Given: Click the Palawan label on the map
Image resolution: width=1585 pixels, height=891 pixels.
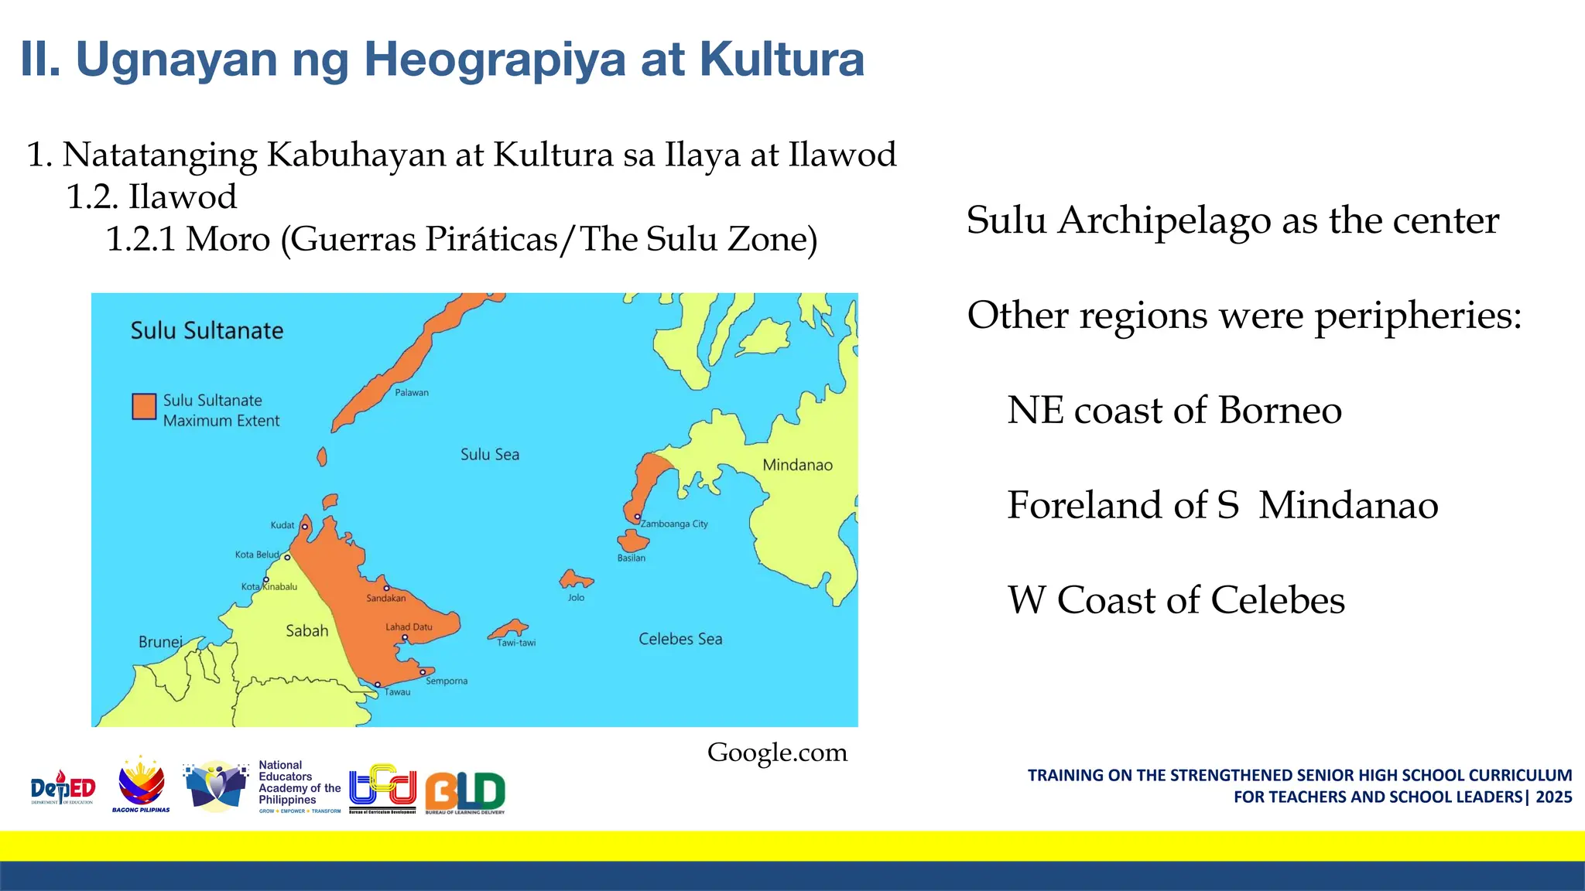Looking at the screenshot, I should point(412,393).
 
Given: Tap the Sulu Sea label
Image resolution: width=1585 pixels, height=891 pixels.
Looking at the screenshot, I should point(490,455).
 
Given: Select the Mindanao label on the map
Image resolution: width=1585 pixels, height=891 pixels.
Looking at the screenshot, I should point(797,465).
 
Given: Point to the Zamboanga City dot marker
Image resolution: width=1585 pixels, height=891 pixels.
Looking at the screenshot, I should point(638,517).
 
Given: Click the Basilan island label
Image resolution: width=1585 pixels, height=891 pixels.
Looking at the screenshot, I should point(632,558).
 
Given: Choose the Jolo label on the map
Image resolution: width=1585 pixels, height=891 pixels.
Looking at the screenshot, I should point(577,597).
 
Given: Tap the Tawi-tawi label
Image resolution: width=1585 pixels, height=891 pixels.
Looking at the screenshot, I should point(516,643).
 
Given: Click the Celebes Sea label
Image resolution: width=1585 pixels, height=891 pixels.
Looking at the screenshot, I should point(680,639).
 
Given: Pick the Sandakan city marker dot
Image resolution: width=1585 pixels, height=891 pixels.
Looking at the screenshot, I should point(387,589).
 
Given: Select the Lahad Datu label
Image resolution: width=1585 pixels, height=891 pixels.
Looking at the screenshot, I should point(409,626).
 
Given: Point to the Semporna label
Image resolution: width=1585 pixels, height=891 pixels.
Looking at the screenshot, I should point(447,681).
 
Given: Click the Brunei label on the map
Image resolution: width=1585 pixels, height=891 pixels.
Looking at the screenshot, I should point(160,642).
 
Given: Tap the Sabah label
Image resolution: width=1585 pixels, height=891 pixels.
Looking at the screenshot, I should point(307,631).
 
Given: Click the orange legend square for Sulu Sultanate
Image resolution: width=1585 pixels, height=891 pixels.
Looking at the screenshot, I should point(144,407).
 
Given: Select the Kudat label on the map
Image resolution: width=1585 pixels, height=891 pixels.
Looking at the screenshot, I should point(282,525).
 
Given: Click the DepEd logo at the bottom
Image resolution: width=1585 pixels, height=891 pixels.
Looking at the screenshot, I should point(63,788).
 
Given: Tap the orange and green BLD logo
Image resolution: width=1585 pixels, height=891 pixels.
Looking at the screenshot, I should point(465,792).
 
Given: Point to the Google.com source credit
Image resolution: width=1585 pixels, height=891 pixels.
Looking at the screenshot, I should point(777,753).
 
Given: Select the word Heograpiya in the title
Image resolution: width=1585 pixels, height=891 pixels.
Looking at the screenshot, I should point(495,60).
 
